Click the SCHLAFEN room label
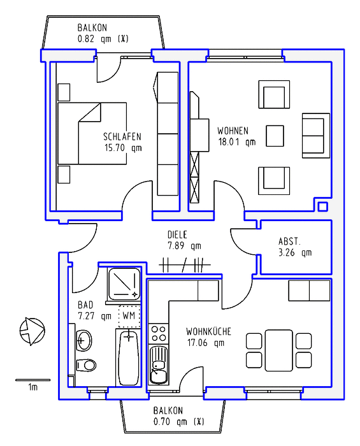(122, 136)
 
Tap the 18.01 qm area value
(237, 141)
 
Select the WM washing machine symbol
(129, 316)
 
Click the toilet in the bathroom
(86, 364)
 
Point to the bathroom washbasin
(84, 340)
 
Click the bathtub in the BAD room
(129, 357)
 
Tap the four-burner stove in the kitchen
(159, 333)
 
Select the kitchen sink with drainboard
(159, 365)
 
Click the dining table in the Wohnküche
(278, 350)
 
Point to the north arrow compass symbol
(32, 331)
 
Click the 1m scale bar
(32, 380)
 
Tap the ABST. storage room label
(289, 241)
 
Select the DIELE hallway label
(177, 234)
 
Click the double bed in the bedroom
(92, 133)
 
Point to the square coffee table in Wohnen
(275, 136)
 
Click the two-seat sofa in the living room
(316, 136)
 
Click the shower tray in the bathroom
(124, 284)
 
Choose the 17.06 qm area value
(206, 343)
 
